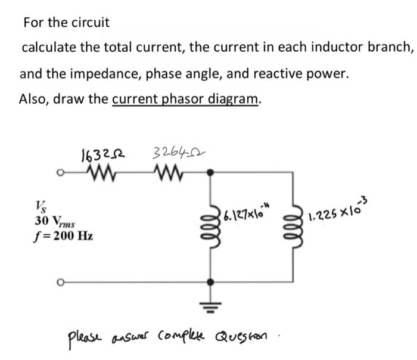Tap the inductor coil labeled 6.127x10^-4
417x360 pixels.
coord(210,227)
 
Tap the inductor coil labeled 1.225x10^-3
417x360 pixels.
coord(293,227)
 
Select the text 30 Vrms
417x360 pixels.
coord(51,220)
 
